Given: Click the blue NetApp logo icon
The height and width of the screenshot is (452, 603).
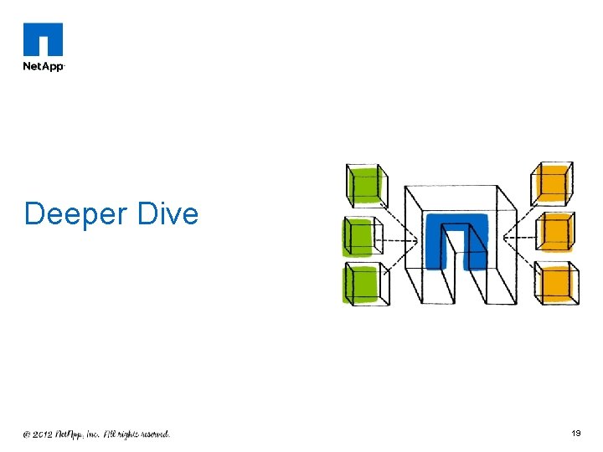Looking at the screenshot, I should click(43, 39).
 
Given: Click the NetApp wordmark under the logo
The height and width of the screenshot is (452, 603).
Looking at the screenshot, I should click(43, 65).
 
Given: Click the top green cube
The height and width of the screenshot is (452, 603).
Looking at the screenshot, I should click(365, 185).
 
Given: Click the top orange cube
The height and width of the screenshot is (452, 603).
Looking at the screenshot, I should click(553, 182).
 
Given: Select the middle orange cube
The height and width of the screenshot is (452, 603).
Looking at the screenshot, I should click(555, 232).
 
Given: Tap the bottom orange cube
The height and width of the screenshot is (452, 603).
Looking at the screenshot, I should click(556, 283).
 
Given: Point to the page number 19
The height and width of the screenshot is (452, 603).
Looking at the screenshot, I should click(576, 434).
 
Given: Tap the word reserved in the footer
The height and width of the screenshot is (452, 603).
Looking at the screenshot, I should click(152, 434).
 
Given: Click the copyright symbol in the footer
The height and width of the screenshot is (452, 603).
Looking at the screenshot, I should click(27, 434).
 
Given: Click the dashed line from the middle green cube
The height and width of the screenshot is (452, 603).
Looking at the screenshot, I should click(398, 241).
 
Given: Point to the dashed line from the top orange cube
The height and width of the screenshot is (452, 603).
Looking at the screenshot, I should click(519, 214).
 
